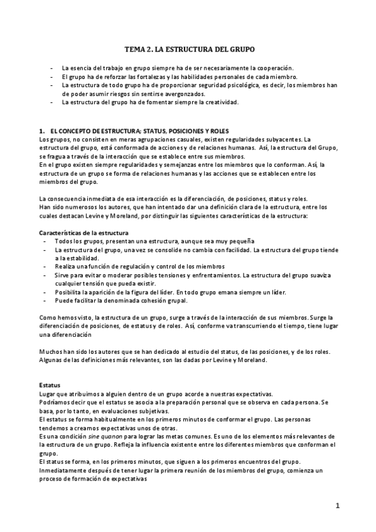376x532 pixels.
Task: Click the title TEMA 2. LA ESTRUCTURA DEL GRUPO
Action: [x=188, y=48]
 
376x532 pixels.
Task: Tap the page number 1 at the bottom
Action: [x=337, y=506]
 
